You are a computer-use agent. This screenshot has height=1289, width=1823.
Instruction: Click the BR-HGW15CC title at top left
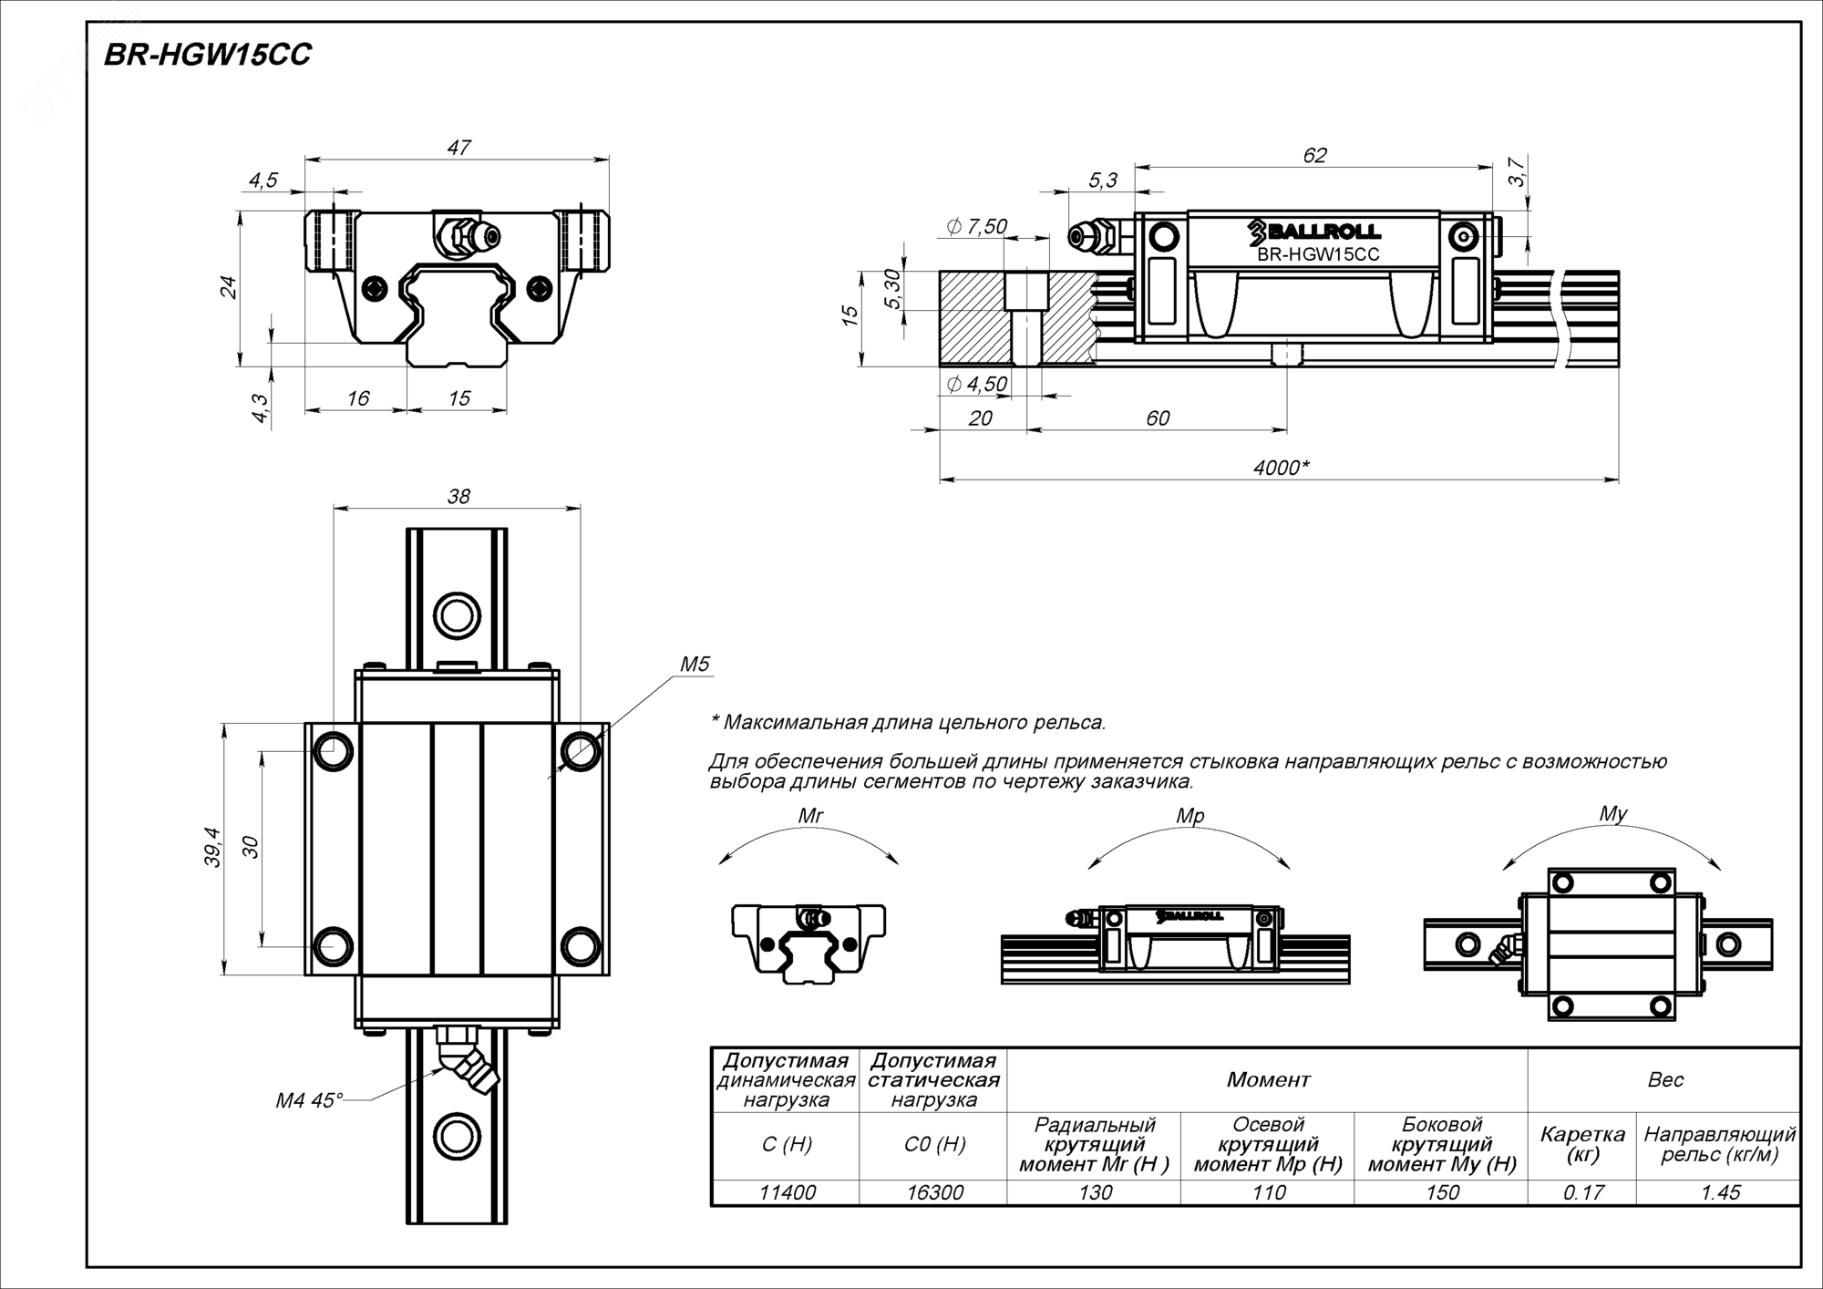207,56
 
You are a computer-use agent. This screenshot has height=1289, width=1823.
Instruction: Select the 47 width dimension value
458,147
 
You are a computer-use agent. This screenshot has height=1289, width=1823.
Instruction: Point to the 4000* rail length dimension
1281,468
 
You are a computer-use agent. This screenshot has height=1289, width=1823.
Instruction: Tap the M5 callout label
694,665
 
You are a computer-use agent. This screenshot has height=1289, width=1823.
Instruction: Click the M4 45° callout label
309,1101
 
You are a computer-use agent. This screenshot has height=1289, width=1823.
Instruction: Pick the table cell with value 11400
787,1192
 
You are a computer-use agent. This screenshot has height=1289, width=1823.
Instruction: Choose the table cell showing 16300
934,1192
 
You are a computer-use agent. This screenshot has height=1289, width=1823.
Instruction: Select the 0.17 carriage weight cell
1582,1192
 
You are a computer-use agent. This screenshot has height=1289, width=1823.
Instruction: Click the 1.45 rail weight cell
1720,1192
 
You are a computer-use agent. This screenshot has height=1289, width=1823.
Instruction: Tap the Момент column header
1268,1080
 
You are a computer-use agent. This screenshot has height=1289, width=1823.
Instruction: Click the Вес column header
1665,1080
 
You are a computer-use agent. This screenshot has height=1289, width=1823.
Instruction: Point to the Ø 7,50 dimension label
976,226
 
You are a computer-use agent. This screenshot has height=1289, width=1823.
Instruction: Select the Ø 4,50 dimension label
976,384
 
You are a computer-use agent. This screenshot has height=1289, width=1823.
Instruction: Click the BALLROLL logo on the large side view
1314,232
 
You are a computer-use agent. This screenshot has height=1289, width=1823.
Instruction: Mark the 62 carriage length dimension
1314,156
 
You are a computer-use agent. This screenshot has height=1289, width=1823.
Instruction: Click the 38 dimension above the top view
458,496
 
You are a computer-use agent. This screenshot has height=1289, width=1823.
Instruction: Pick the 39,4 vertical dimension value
212,848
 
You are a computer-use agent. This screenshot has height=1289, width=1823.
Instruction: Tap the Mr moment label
809,816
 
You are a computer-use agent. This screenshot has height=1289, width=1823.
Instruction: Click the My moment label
1612,814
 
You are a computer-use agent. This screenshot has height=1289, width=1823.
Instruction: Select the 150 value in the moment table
1442,1192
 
